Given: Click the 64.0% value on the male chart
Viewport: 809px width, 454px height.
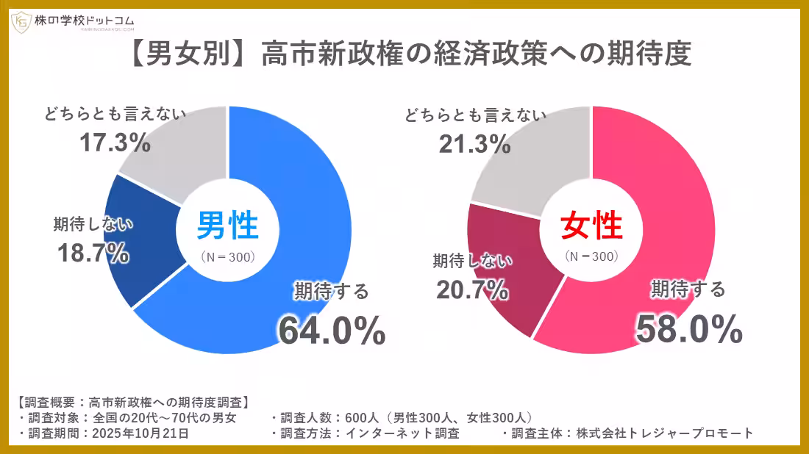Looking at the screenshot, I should (332, 330).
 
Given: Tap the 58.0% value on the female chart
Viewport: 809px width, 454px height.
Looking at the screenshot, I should (688, 328).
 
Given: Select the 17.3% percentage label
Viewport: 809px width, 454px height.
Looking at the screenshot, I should (115, 143).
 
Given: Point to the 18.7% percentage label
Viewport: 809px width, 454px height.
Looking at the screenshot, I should (93, 253).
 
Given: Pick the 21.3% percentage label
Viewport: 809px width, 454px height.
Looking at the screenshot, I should (474, 144).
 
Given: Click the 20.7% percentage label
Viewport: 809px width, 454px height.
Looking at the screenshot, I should (472, 289).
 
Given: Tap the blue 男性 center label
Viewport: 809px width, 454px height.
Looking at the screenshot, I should (228, 226).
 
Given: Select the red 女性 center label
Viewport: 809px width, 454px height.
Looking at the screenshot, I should (591, 226).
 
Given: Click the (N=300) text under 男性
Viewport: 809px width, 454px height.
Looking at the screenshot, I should (228, 257).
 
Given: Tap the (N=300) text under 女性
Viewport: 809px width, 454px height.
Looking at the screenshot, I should (591, 257).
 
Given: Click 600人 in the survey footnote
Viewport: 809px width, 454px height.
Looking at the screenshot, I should (363, 417).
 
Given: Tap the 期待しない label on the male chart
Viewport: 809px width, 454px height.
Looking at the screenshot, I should (93, 223).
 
